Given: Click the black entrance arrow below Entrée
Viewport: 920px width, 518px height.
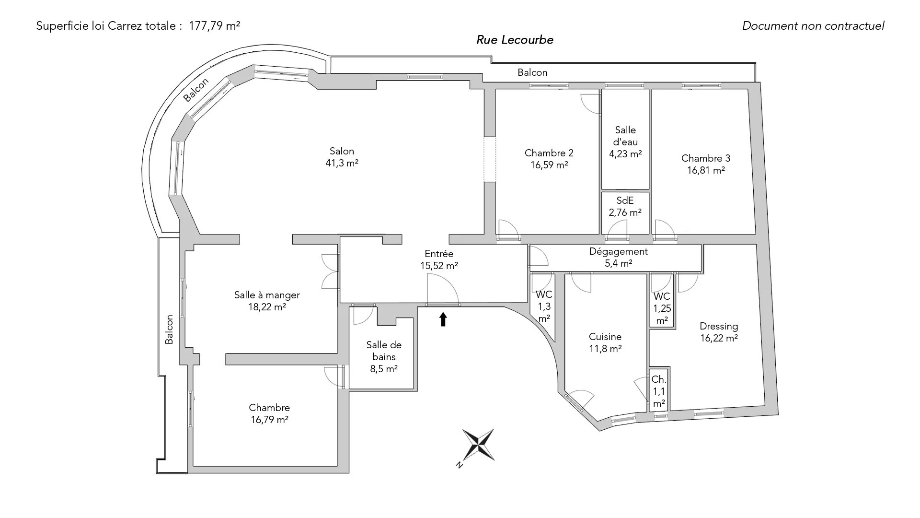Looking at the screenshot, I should click(443, 319).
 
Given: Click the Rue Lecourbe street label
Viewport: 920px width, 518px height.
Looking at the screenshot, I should click(515, 40).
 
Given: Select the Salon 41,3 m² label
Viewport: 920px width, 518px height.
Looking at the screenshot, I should click(342, 157).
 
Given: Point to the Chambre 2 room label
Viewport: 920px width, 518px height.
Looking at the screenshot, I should click(549, 153).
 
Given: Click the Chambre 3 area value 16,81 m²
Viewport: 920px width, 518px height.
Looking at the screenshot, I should click(705, 170).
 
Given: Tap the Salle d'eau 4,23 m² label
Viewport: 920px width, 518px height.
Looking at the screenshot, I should click(625, 142).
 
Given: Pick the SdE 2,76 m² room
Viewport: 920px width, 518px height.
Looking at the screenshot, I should click(625, 206).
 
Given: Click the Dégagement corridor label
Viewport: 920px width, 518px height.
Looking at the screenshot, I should click(618, 251).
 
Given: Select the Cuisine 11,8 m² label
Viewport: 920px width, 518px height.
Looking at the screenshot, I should click(605, 342).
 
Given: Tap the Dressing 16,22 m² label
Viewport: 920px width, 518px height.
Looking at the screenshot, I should click(718, 332).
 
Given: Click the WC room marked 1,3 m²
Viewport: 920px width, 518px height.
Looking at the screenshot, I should click(544, 306).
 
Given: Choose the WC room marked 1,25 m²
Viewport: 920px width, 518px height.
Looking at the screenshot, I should click(662, 308).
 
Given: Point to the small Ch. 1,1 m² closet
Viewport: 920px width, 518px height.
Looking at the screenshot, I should click(659, 391).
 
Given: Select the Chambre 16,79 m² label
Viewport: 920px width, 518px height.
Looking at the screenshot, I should click(269, 413).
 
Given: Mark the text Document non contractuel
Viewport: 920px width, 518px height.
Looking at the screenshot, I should click(813, 26).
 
